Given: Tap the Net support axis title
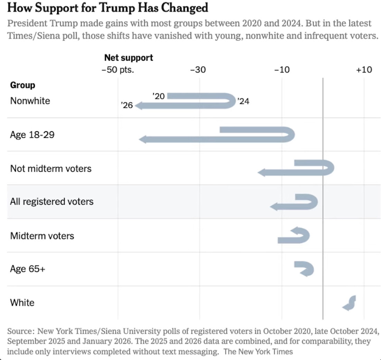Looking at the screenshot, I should (x=128, y=57).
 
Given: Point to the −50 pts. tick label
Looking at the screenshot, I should (x=118, y=70).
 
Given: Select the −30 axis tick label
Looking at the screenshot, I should (x=198, y=70).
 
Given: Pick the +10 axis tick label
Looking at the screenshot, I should (x=364, y=70).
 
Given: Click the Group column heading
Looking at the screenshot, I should (x=22, y=85).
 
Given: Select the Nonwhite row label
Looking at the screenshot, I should (x=30, y=101).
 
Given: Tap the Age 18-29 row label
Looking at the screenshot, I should (x=32, y=135).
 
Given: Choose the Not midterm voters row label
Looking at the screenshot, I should (x=51, y=169).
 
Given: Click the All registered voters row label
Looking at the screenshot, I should (x=52, y=202).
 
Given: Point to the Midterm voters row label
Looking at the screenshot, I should (x=42, y=236).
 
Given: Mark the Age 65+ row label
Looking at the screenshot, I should (x=28, y=269).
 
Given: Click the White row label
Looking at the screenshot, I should (x=22, y=303).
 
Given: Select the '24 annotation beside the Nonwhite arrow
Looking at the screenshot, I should (x=243, y=102).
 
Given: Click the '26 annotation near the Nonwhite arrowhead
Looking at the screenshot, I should (x=127, y=105).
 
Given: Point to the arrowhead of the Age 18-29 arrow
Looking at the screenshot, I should (x=142, y=139).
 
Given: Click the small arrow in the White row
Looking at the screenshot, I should (x=349, y=303).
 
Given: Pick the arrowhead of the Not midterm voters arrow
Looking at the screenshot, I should (x=261, y=172).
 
